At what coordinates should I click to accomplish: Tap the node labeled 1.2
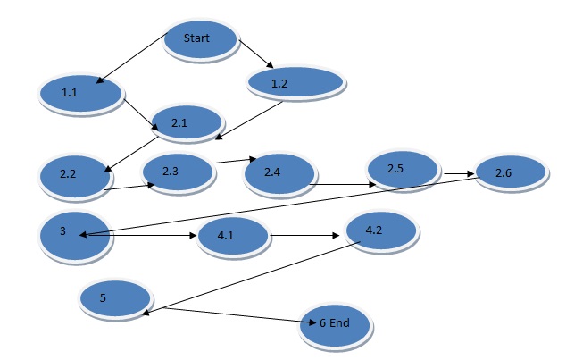click(x=295, y=83)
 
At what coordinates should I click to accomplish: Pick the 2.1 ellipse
click(x=186, y=122)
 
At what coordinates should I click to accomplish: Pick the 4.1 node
click(x=232, y=238)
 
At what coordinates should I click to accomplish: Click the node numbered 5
click(x=113, y=299)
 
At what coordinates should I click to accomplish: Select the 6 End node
click(x=335, y=324)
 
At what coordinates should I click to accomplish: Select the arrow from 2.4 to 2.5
click(x=344, y=185)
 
